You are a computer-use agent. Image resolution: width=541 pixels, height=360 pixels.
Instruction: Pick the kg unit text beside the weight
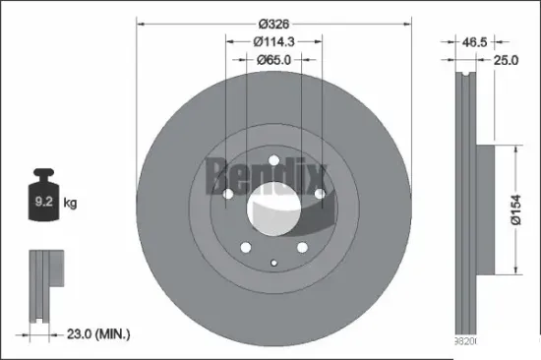click(x=71, y=204)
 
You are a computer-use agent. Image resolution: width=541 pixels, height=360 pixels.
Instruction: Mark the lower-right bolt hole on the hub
click(x=301, y=247)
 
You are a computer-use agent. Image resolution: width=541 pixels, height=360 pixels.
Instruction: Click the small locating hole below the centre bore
click(x=272, y=261)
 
